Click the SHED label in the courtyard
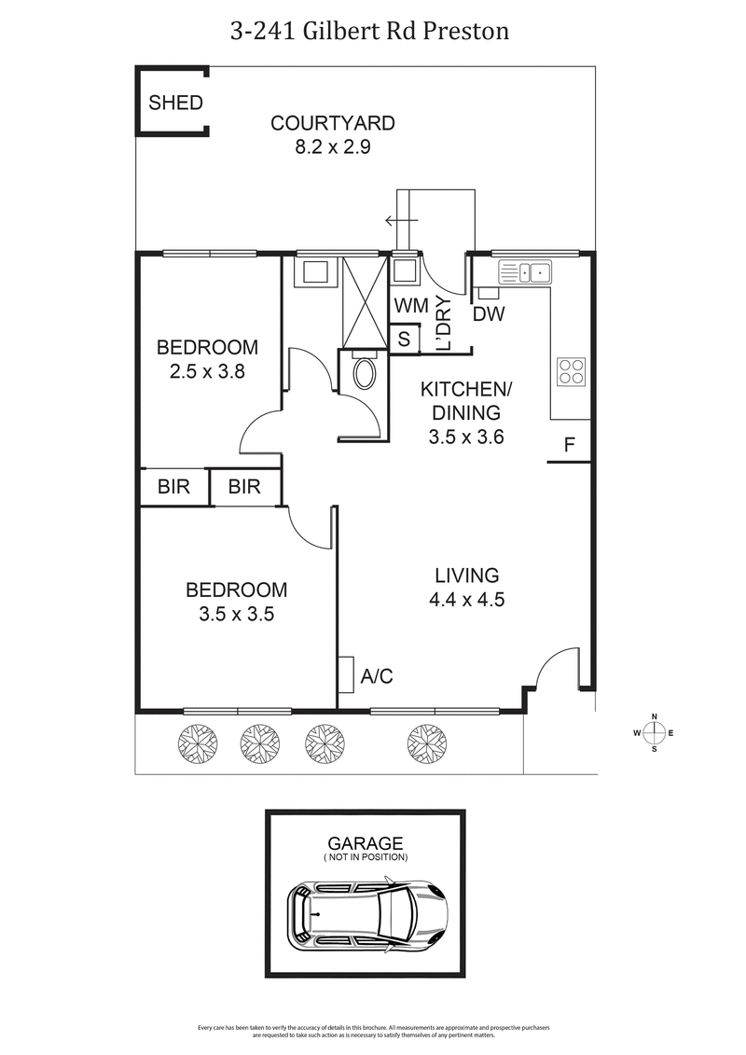pos(175,103)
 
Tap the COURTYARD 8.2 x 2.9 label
pos(333,134)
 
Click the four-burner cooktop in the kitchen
pos(571,371)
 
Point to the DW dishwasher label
pos(488,314)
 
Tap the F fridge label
pos(568,446)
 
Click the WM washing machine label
pos(409,306)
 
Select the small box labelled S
pos(404,339)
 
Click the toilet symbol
pos(365,375)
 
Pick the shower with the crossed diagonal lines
pos(363,300)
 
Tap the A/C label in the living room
pos(377,676)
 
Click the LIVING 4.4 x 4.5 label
pos(466,588)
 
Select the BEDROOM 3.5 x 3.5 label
pos(236,602)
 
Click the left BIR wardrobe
pos(174,487)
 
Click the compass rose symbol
pos(654,733)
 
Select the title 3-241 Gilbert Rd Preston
pos(370,31)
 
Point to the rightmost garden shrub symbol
pos(426,743)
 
